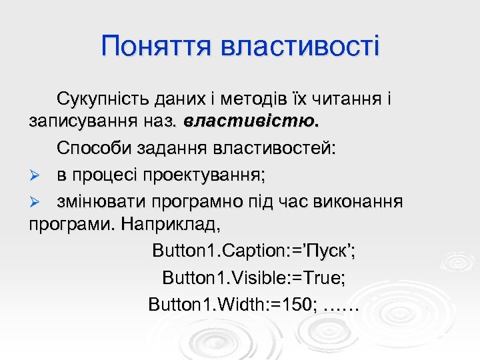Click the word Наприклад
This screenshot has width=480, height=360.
[x=171, y=224]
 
